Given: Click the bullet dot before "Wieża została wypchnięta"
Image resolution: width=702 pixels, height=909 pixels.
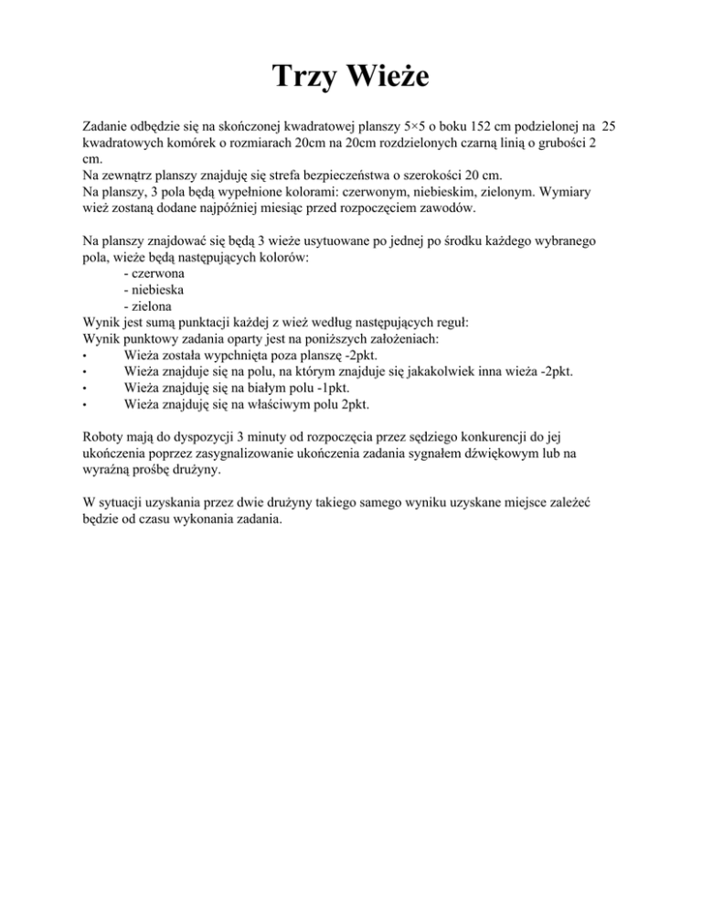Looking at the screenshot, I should pyautogui.click(x=84, y=357).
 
